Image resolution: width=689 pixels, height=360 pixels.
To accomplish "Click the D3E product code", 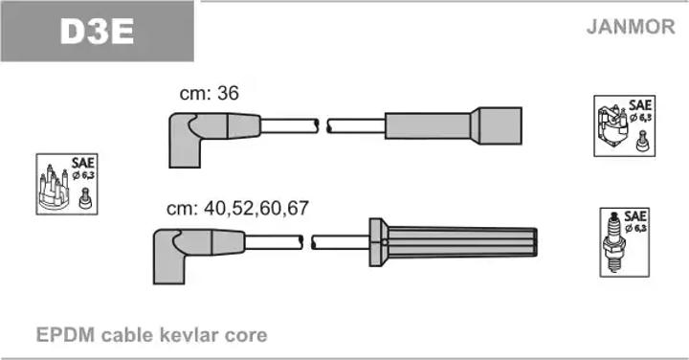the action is pos(97,32).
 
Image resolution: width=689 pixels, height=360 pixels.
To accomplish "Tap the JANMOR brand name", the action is pos(631,27).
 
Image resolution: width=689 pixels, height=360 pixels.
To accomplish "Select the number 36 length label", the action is pos(229,93).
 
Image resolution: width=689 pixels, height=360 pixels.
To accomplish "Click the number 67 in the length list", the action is pos(298,208).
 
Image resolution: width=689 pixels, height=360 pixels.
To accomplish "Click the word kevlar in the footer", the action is pos(189,335).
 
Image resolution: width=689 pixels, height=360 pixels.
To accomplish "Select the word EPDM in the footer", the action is pos(65,335).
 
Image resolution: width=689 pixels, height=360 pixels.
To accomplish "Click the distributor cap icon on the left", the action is pos(54,188).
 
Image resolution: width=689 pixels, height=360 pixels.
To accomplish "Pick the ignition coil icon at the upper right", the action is pos(612,125).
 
